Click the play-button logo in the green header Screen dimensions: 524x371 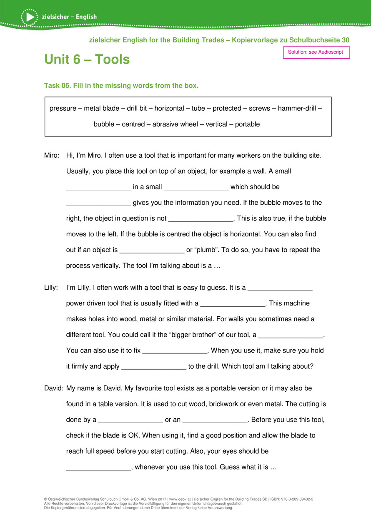29,17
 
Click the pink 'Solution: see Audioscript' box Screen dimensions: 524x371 316,52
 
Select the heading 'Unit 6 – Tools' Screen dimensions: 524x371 87,60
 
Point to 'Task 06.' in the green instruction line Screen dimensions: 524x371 58,86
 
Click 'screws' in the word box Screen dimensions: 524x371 259,109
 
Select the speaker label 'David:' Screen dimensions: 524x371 54,388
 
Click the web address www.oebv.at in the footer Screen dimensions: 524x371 180,499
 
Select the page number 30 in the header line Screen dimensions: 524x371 345,40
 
